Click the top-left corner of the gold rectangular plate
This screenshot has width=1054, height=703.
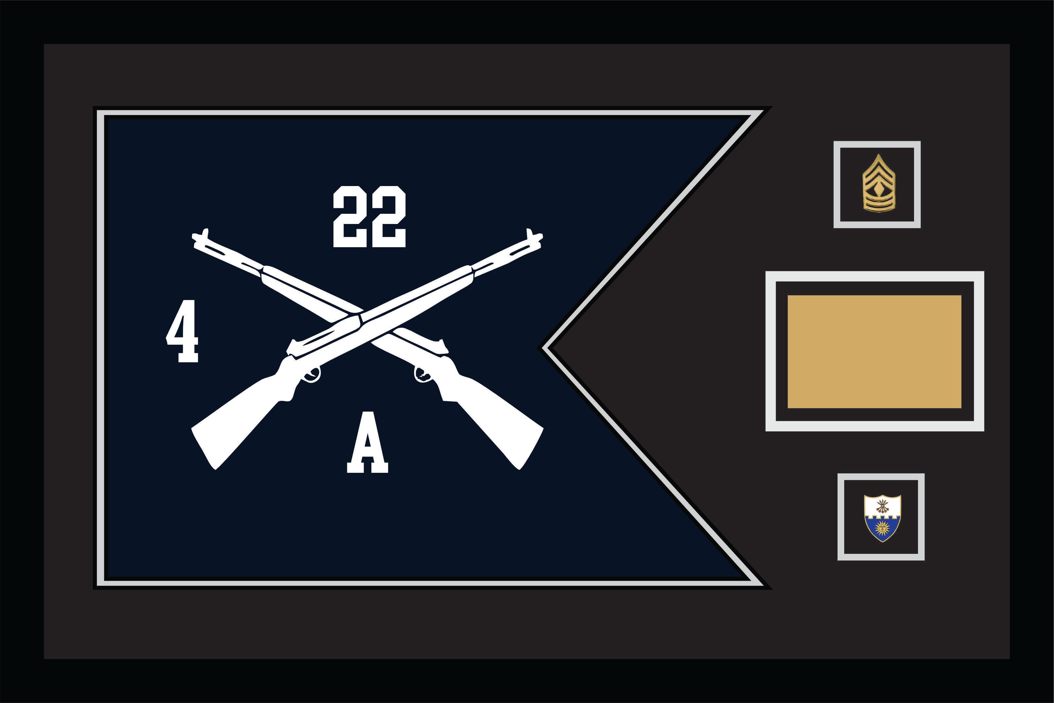(x=788, y=296)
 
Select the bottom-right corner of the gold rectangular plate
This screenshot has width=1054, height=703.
(x=961, y=408)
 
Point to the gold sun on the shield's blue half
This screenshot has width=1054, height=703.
(x=882, y=527)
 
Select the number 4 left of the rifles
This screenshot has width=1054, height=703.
(x=182, y=331)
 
